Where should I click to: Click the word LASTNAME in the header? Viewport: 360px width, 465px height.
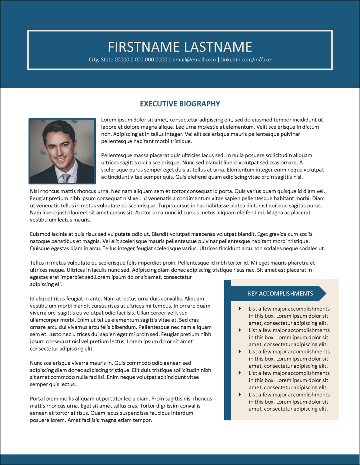coord(218,47)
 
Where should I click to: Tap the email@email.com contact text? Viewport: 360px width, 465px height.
coord(194,60)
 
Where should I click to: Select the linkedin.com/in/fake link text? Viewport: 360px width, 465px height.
coord(246,60)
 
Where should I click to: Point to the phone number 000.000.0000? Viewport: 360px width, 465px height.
coord(151,60)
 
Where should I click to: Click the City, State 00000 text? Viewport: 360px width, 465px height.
coord(109,60)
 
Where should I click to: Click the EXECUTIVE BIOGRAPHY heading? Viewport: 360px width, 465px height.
coord(180,104)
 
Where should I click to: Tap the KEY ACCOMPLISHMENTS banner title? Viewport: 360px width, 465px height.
coord(280,293)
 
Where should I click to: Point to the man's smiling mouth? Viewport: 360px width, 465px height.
coord(61,159)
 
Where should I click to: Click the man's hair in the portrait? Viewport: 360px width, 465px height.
coord(58,129)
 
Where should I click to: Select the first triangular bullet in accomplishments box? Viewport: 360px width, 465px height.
coord(240,308)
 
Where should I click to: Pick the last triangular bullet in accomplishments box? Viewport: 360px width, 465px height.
coord(240,394)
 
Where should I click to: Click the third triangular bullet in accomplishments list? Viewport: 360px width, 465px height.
coord(240,351)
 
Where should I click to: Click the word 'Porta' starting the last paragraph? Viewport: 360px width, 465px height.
coord(36,399)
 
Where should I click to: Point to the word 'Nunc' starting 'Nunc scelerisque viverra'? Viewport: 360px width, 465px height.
coord(36,363)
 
